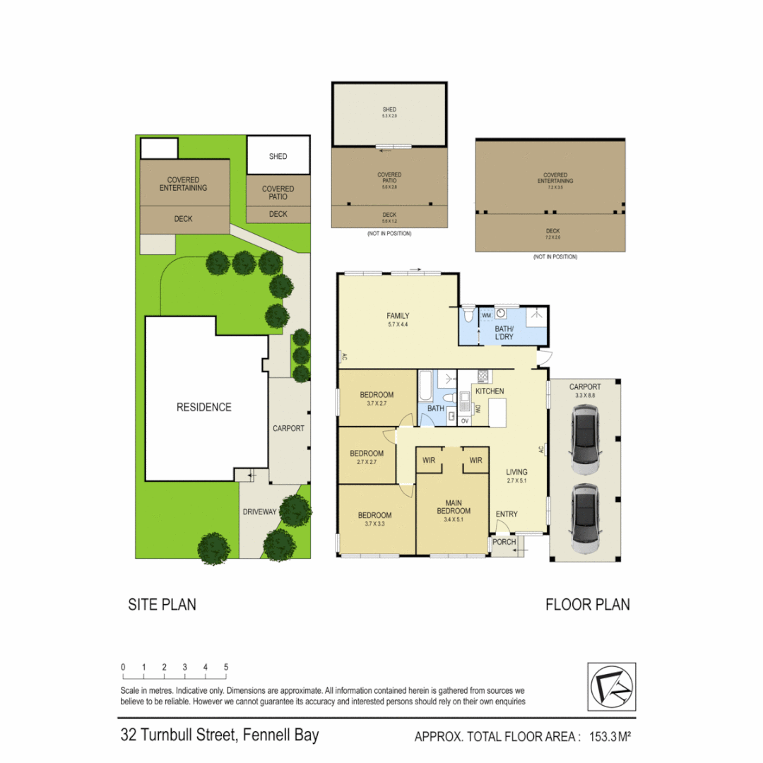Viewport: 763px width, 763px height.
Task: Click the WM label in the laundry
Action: click(x=486, y=315)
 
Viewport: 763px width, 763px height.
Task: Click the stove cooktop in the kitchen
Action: click(x=484, y=377)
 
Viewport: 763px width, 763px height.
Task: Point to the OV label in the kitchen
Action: click(x=464, y=421)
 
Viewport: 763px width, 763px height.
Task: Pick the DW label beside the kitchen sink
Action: click(x=478, y=408)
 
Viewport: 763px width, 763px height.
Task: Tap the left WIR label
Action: click(x=429, y=461)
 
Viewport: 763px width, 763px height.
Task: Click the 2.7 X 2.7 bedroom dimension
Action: click(x=367, y=463)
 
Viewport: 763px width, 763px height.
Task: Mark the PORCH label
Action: click(x=504, y=542)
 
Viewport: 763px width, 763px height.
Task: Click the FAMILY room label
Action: click(x=398, y=316)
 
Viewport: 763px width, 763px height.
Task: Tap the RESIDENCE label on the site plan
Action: click(x=203, y=407)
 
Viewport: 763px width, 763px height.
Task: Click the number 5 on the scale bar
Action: click(x=226, y=667)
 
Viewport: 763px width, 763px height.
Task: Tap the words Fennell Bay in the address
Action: click(x=280, y=735)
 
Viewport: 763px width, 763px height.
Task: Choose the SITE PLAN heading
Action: click(x=162, y=604)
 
